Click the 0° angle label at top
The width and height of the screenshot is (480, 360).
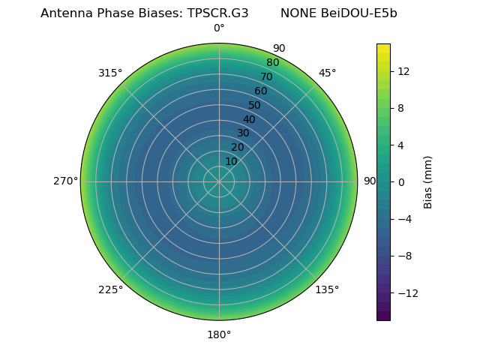coord(219,28)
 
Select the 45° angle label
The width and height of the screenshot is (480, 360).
coord(327,73)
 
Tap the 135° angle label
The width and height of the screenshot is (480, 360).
coord(327,289)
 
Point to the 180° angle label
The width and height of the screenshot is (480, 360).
coord(219,334)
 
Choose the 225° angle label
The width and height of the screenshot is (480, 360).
coord(110,289)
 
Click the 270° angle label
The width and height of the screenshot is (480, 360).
coord(65,181)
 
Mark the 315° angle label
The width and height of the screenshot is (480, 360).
coord(110,73)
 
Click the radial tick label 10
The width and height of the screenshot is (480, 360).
coord(231,161)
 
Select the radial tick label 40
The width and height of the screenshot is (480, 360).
coord(249,119)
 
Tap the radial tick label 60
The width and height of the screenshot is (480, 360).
coord(260,91)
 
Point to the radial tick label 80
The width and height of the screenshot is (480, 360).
coord(272,63)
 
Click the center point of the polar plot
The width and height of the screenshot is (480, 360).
coord(219,181)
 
